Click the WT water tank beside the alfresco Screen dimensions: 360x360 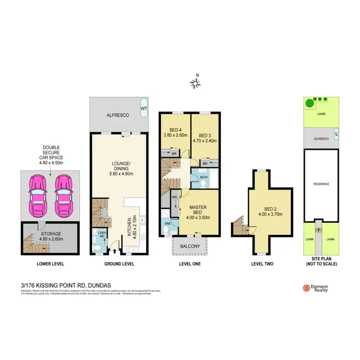[x=144, y=108]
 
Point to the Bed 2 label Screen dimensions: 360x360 [x=270, y=212]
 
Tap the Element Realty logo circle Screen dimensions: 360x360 [x=306, y=288]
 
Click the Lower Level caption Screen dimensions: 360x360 [x=50, y=264]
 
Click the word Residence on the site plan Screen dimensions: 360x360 [x=321, y=184]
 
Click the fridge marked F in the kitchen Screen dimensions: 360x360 [x=143, y=220]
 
